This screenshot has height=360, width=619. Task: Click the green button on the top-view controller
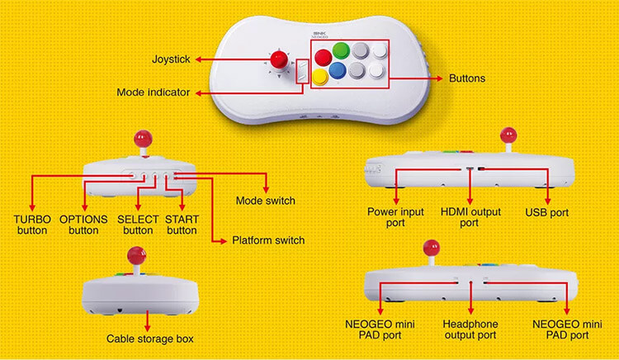[341, 50]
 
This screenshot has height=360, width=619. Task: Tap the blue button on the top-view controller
[338, 70]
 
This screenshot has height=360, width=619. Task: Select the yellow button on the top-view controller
[320, 77]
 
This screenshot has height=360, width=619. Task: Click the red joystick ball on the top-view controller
[279, 59]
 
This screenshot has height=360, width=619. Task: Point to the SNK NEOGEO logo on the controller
[320, 36]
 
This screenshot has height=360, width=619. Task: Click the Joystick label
[171, 59]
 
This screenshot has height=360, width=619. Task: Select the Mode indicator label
[154, 92]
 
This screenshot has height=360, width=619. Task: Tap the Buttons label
[467, 78]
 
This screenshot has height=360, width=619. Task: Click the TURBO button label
[32, 225]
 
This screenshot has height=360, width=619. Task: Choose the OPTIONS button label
[83, 225]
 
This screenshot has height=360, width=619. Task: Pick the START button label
[182, 225]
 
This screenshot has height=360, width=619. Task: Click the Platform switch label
[268, 240]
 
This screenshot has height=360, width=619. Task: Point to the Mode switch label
[265, 201]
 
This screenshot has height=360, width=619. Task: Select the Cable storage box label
[150, 339]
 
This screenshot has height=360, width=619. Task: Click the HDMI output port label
[470, 217]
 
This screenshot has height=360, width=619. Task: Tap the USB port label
[546, 212]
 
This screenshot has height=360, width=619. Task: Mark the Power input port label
[395, 217]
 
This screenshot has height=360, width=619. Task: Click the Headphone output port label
[470, 329]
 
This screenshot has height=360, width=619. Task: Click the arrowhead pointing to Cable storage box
[147, 328]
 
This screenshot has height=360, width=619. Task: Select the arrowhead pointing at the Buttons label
[439, 78]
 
